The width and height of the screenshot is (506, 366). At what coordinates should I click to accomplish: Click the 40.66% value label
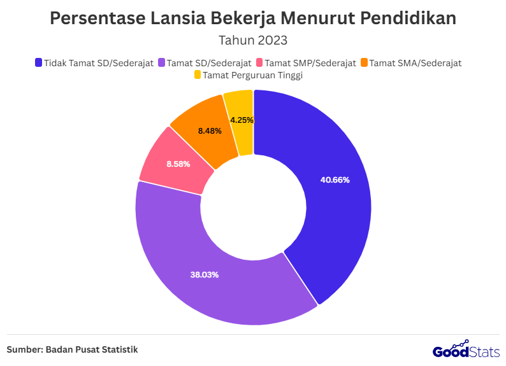click(335, 180)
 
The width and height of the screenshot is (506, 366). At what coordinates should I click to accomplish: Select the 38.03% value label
click(204, 275)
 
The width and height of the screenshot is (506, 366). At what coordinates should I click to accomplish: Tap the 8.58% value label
click(178, 164)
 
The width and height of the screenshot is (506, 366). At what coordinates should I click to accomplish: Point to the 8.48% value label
click(210, 131)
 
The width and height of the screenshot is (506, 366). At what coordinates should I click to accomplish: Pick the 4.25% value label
click(242, 120)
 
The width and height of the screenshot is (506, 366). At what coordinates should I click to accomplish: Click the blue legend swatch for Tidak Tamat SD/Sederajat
click(38, 62)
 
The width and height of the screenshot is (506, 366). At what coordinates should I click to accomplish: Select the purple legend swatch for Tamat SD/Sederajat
click(161, 62)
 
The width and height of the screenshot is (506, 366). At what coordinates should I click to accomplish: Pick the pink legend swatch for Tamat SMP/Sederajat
click(259, 62)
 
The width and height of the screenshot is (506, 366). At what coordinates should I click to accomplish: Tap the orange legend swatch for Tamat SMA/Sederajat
click(364, 62)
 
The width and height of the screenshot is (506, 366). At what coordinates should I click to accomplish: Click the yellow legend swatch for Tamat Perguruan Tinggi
click(198, 75)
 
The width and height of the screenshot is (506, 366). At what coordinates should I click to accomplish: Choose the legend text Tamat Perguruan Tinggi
click(252, 75)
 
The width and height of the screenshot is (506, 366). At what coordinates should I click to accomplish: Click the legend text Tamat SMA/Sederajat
click(415, 62)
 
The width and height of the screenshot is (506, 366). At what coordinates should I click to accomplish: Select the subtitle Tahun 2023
click(253, 40)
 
